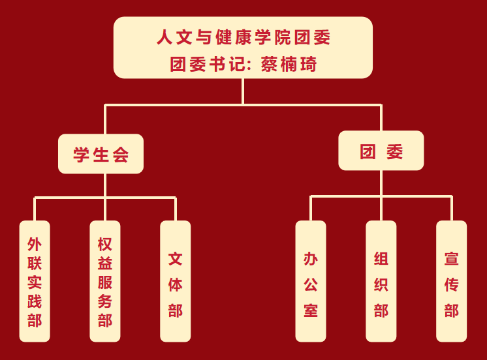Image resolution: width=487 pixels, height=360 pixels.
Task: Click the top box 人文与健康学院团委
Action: tap(243, 48)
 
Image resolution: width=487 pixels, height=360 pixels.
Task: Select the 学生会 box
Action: tap(101, 155)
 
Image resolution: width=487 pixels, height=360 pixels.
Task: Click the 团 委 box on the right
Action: tap(381, 151)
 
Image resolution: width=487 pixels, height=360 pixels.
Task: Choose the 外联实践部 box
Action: tap(35, 281)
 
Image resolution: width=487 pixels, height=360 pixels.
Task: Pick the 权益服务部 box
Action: tap(104, 281)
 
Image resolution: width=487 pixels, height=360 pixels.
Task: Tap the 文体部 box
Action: tap(175, 281)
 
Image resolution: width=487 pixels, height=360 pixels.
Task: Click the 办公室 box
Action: tap(311, 281)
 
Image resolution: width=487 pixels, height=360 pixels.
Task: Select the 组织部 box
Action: tap(381, 281)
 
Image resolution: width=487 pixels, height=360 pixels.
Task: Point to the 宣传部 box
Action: tap(452, 281)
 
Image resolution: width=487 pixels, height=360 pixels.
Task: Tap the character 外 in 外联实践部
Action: tap(35, 244)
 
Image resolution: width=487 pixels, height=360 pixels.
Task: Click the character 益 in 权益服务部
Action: tap(104, 263)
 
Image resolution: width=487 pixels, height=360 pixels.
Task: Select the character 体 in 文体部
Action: tap(175, 284)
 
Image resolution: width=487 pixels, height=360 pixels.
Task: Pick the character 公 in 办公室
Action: tap(311, 284)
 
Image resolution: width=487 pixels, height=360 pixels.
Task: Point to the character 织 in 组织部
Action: tap(381, 284)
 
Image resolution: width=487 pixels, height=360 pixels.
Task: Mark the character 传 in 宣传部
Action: tap(452, 284)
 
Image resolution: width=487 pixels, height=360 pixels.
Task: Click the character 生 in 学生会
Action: tap(101, 155)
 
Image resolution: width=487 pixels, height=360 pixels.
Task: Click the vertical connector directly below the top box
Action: tap(243, 91)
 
